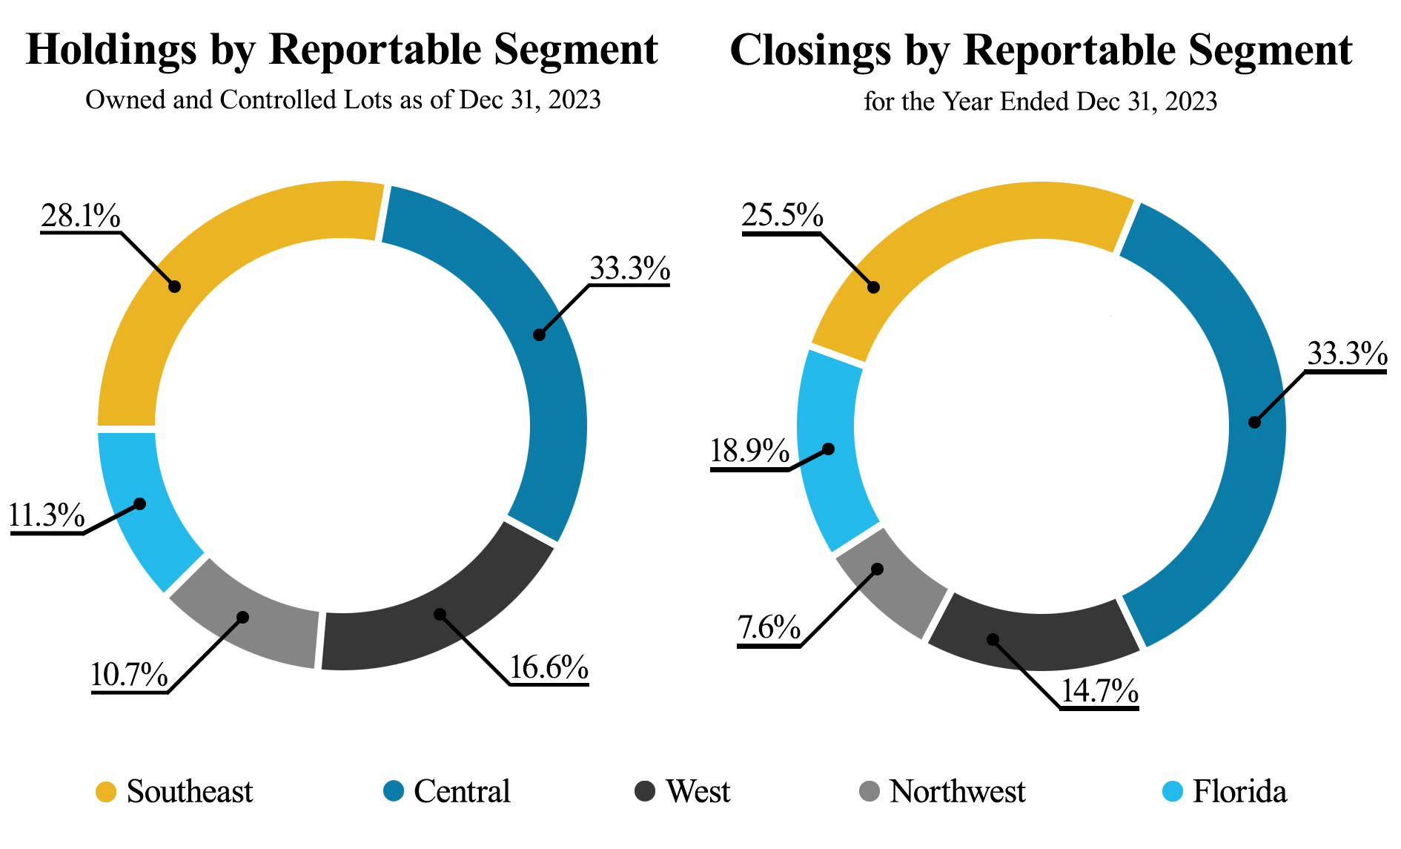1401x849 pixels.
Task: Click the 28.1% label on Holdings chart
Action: (x=80, y=216)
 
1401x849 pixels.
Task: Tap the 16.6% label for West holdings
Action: (x=549, y=668)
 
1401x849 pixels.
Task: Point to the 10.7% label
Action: (x=129, y=675)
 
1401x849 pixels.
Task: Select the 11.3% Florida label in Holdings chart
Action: (x=46, y=515)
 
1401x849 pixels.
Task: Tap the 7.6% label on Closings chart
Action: (x=769, y=628)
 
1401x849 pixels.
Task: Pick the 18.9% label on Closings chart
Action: (x=749, y=451)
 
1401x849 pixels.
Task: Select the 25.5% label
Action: (x=782, y=216)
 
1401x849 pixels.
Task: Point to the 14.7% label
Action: (x=1099, y=691)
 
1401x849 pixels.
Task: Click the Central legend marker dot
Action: (x=394, y=791)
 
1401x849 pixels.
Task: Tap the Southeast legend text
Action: (x=190, y=791)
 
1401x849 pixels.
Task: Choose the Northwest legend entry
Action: (x=956, y=791)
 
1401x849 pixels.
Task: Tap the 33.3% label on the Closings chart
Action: (x=1346, y=354)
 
